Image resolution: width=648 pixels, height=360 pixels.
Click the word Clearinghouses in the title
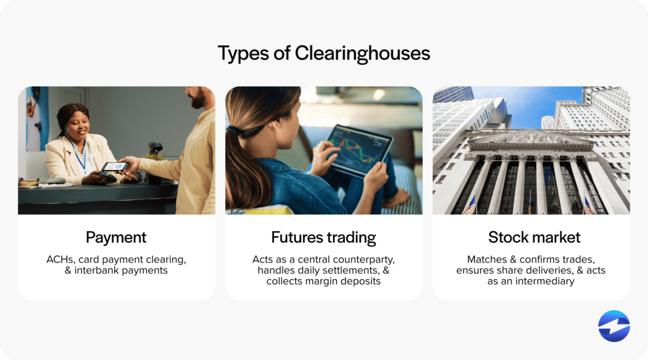[362, 53]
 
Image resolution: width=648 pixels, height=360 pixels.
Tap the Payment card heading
[116, 237]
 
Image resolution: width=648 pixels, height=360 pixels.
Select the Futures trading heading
[323, 237]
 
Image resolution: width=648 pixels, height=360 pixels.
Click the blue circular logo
[614, 326]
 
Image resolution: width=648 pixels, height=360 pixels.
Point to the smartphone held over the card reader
[115, 167]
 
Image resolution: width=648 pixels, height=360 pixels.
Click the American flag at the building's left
[470, 206]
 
